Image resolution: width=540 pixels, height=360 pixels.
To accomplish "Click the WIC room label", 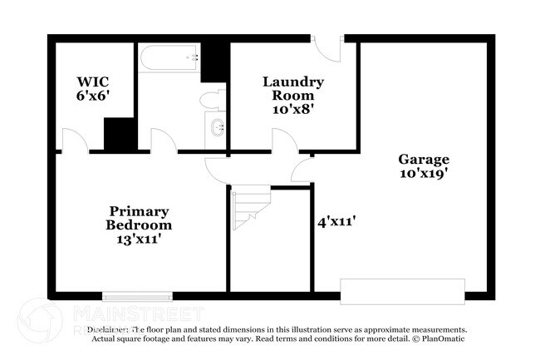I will (94, 82).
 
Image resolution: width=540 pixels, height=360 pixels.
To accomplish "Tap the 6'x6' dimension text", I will (94, 96).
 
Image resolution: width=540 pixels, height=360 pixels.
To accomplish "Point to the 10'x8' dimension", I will (293, 109).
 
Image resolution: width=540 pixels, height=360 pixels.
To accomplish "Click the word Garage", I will (424, 160).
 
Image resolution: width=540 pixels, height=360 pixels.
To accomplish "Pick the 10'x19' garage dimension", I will (424, 175).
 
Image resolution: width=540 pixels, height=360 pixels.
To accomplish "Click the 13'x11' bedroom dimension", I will (139, 239).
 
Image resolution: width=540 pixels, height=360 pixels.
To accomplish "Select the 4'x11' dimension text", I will (336, 222).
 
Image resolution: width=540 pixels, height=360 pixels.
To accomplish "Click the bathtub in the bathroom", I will (169, 59).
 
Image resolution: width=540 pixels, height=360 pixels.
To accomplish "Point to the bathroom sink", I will (218, 129).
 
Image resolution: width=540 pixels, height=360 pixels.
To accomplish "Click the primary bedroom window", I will (137, 294).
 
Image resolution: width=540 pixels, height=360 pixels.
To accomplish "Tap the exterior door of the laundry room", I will (329, 47).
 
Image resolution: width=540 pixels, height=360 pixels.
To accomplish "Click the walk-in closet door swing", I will (73, 141).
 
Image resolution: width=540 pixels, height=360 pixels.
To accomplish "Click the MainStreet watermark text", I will (138, 314).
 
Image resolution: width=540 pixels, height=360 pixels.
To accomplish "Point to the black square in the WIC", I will (120, 133).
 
